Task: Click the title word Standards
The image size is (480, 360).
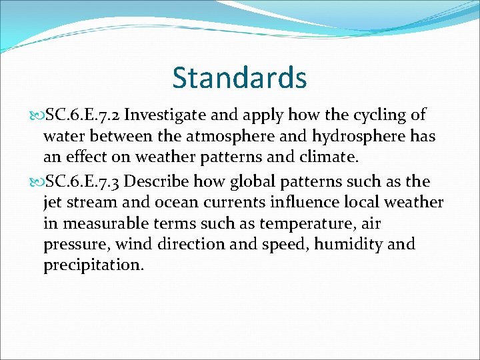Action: pos(239,77)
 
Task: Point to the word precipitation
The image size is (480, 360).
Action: pos(93,266)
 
